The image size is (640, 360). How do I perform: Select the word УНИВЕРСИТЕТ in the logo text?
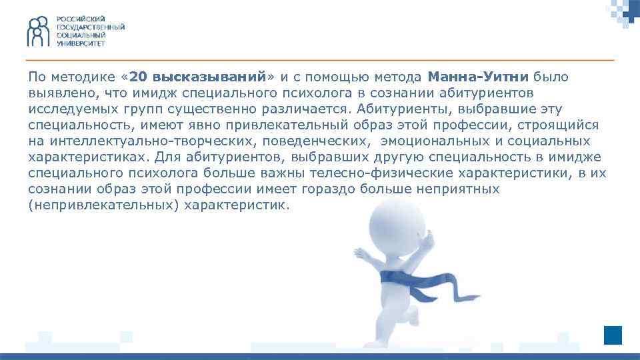(80, 42)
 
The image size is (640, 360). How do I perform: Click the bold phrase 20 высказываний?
(199, 77)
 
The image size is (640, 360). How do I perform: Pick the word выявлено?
(57, 93)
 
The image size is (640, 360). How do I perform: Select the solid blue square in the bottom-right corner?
(613, 335)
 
